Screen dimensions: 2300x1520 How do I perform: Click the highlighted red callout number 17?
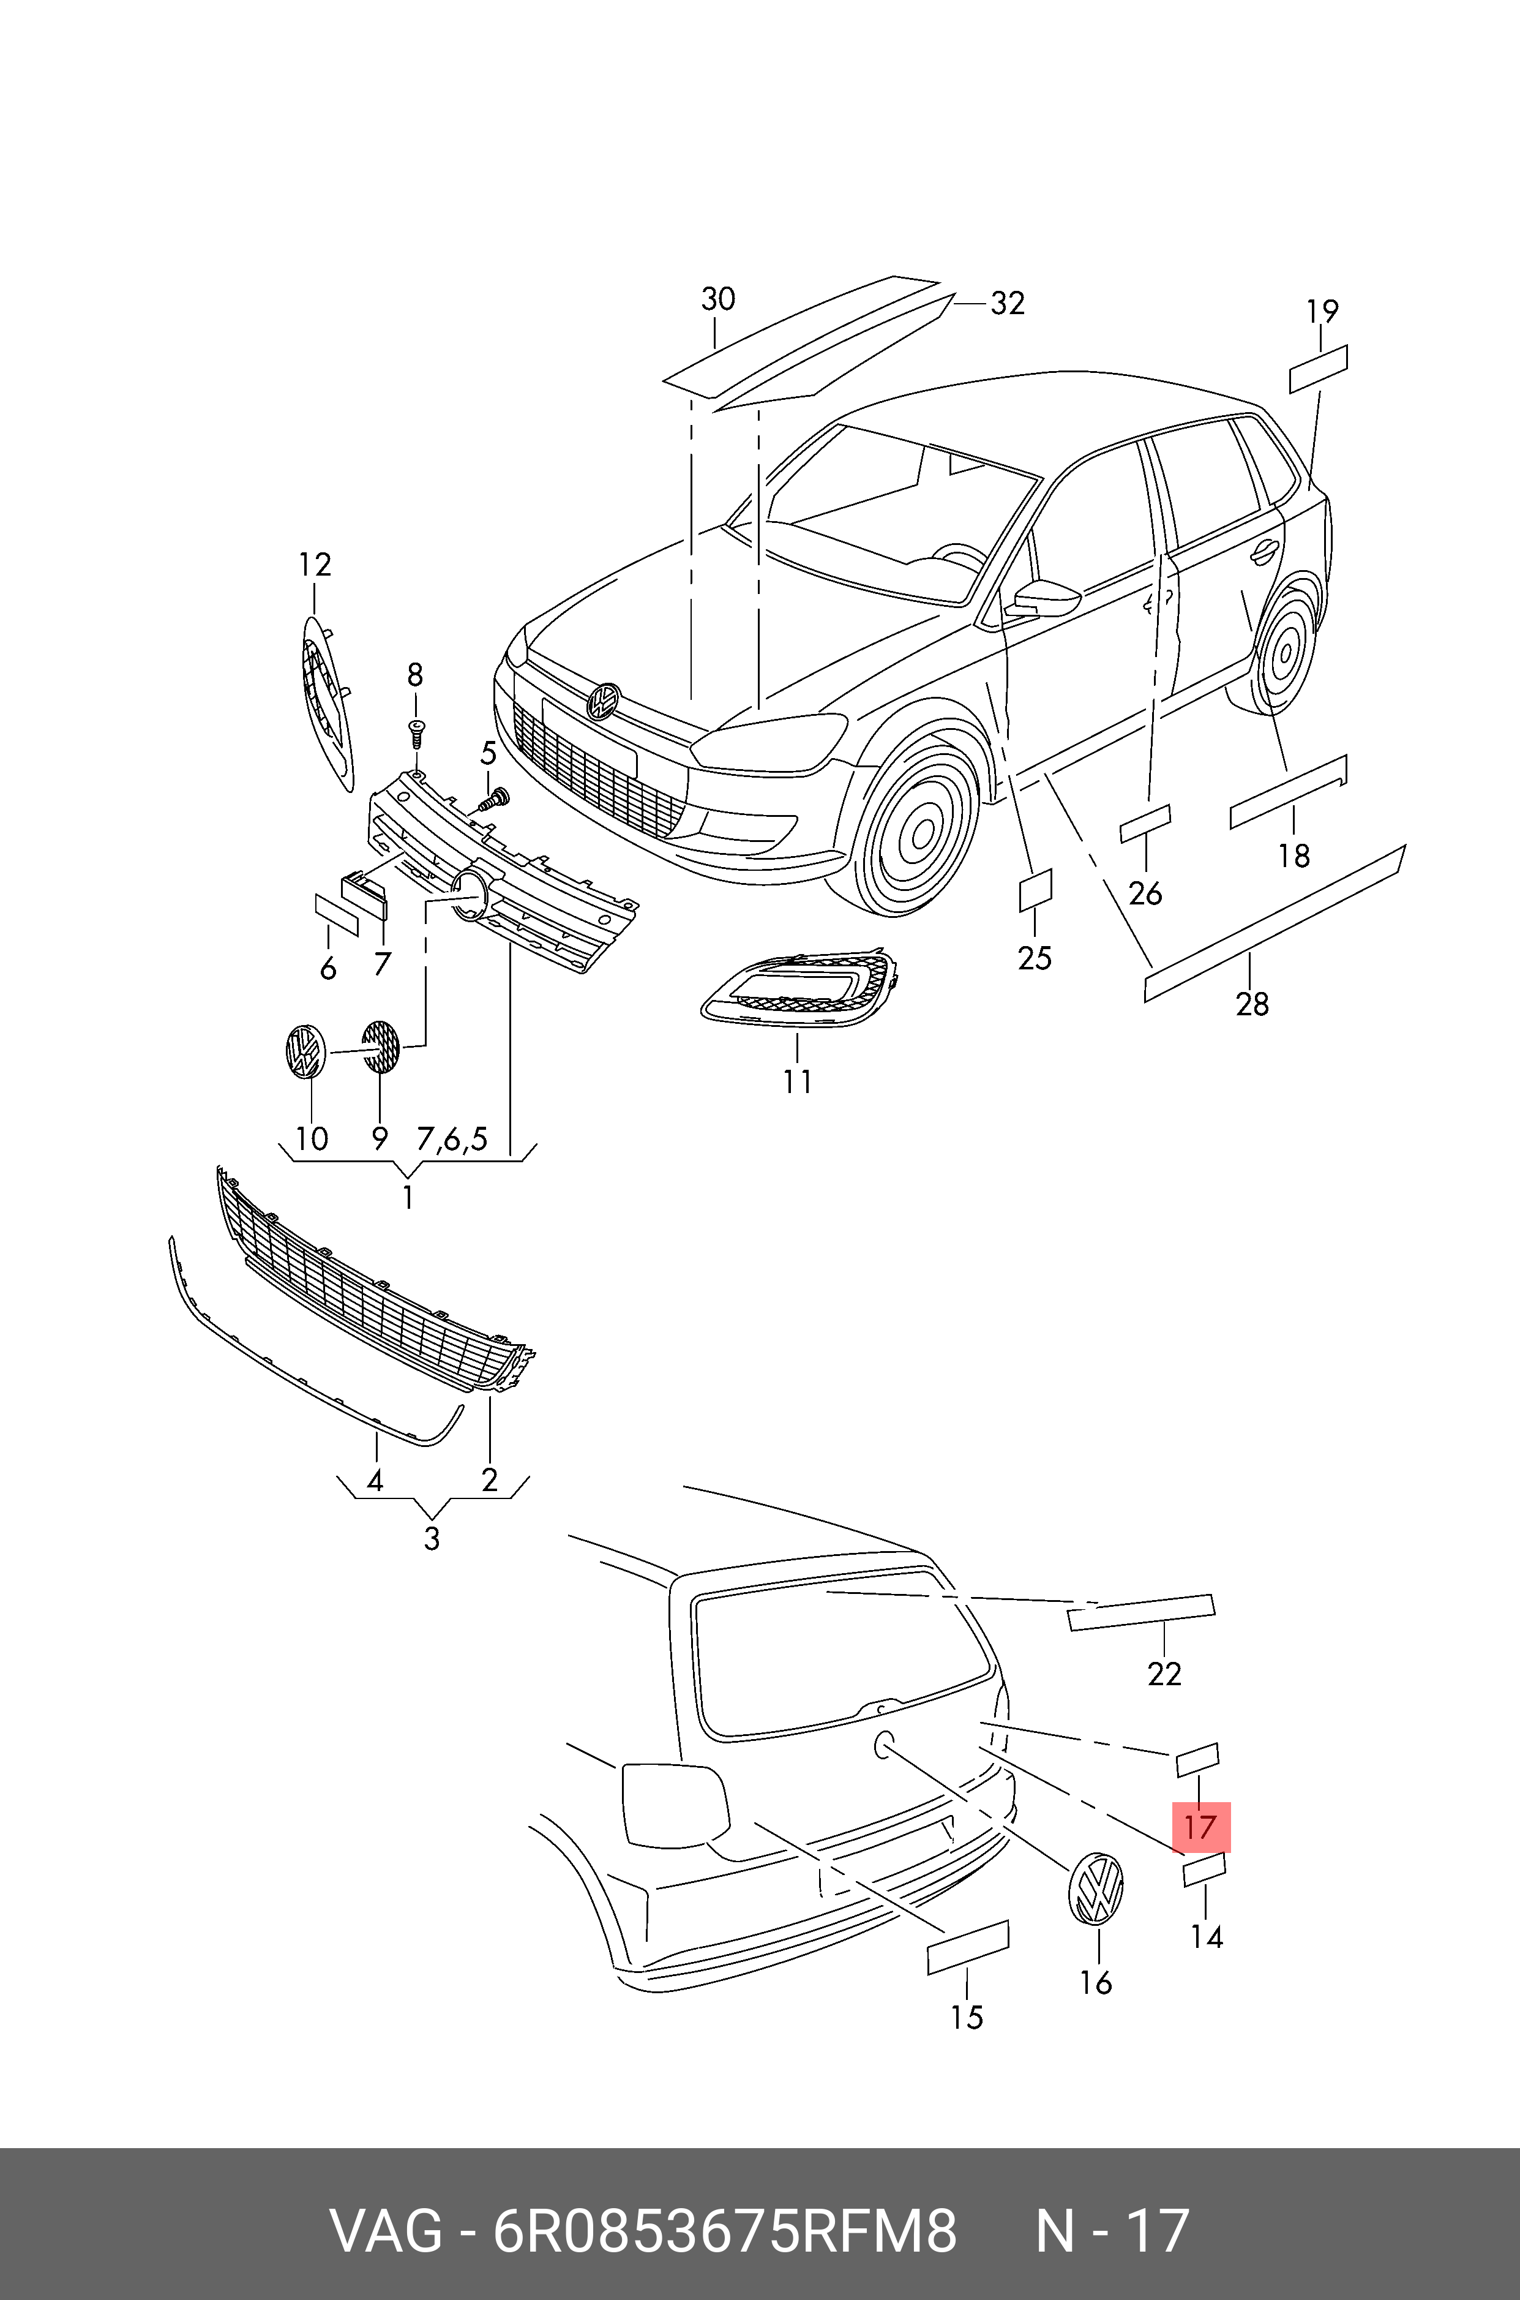[1200, 1828]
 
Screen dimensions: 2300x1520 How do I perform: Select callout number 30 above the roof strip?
[717, 299]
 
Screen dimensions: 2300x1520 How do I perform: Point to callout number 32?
[1007, 304]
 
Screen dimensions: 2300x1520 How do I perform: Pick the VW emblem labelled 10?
[305, 1050]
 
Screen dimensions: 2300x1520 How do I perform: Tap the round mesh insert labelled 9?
[380, 1047]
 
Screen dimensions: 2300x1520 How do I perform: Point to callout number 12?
[314, 565]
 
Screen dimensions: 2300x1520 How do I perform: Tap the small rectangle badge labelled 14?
[1204, 1871]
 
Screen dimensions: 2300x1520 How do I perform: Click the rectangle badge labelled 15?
[967, 1947]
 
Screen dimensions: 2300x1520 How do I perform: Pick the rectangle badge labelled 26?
[1145, 824]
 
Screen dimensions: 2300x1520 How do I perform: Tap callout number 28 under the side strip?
[1251, 1004]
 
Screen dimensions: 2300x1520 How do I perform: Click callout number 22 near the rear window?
[1164, 1674]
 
